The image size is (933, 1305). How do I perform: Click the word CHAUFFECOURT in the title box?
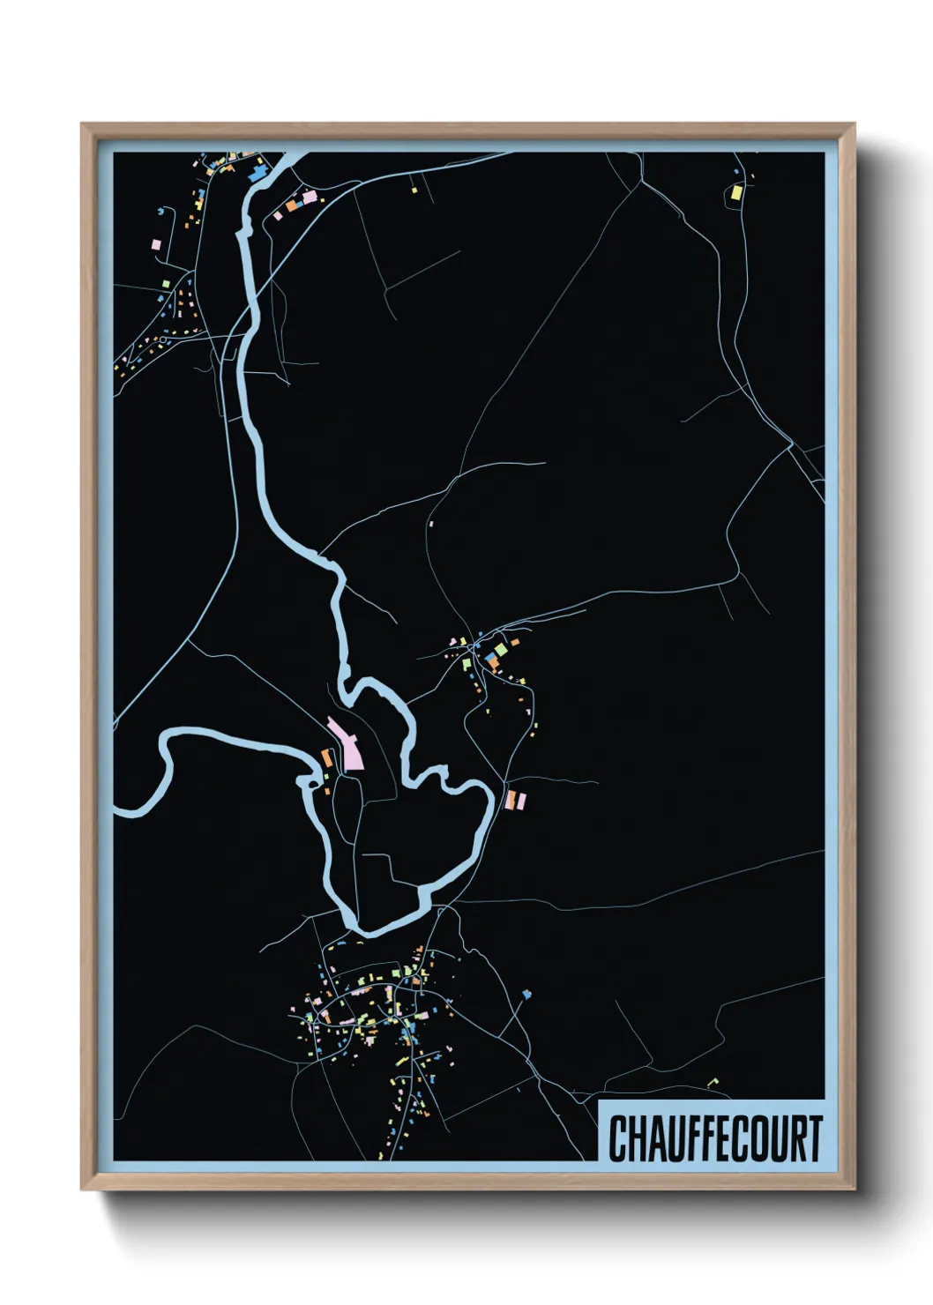point(714,1138)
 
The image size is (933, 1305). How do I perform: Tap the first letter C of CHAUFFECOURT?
point(616,1138)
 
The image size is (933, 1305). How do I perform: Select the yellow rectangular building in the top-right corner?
point(737,191)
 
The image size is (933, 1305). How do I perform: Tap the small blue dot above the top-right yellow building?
point(736,170)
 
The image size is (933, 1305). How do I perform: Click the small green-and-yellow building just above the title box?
point(713,1081)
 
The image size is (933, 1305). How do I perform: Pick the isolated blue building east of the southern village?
point(526,995)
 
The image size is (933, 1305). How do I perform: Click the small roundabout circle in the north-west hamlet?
point(163,339)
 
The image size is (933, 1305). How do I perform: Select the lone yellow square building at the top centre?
point(413,188)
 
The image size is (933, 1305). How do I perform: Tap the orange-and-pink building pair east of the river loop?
point(515,800)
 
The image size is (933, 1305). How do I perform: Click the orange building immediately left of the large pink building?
point(325,757)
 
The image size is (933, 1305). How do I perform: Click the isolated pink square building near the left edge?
point(156,244)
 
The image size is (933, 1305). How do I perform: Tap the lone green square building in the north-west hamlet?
point(165,283)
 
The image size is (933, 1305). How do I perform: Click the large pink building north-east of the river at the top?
point(309,197)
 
